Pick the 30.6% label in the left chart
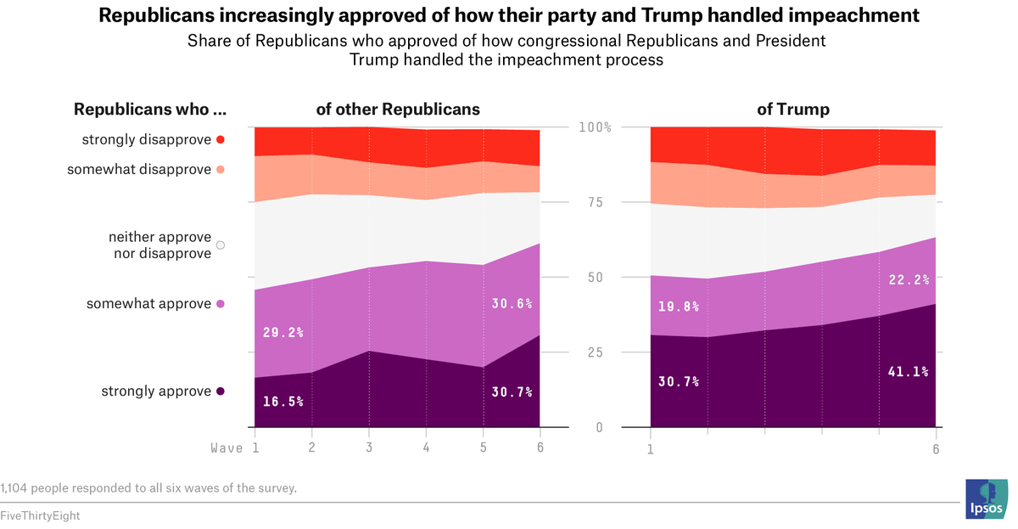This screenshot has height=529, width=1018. (x=512, y=303)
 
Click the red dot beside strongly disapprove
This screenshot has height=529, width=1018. (x=221, y=139)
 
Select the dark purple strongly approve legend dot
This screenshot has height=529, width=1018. (x=221, y=391)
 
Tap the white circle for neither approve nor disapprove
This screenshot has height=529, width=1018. (x=221, y=245)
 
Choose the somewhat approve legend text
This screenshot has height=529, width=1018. (x=148, y=304)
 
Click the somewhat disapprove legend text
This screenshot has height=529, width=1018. (x=139, y=170)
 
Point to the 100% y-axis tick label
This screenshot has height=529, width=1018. (x=596, y=127)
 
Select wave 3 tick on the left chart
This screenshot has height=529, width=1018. (x=369, y=447)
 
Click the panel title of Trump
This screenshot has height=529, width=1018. (x=793, y=110)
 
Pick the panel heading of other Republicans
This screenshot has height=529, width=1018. (x=398, y=110)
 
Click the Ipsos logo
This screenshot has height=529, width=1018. (x=987, y=498)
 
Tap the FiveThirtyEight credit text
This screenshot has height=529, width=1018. (x=40, y=515)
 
